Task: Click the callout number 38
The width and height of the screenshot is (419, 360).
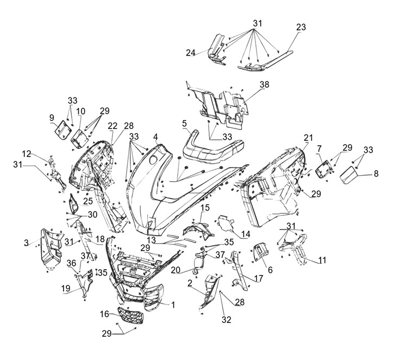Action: pyautogui.click(x=264, y=85)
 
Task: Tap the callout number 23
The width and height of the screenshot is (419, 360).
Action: pyautogui.click(x=301, y=27)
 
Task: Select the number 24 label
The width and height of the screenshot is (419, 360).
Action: pyautogui.click(x=190, y=53)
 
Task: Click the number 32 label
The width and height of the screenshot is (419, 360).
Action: pyautogui.click(x=226, y=320)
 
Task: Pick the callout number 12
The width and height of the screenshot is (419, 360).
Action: pyautogui.click(x=27, y=153)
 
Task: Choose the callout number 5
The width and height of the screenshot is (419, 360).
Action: pyautogui.click(x=184, y=123)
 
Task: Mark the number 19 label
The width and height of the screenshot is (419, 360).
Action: pyautogui.click(x=65, y=289)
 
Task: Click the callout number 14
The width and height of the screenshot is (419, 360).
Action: pyautogui.click(x=245, y=233)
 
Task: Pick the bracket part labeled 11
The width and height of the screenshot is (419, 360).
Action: pyautogui.click(x=294, y=247)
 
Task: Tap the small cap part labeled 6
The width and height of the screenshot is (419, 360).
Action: pyautogui.click(x=260, y=253)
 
